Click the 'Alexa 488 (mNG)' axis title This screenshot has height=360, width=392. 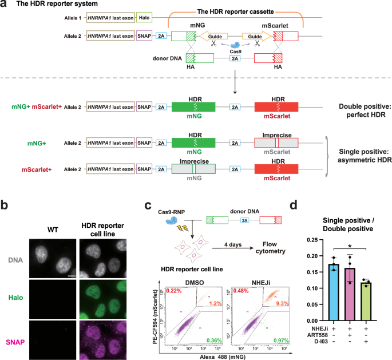pos(223,355)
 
